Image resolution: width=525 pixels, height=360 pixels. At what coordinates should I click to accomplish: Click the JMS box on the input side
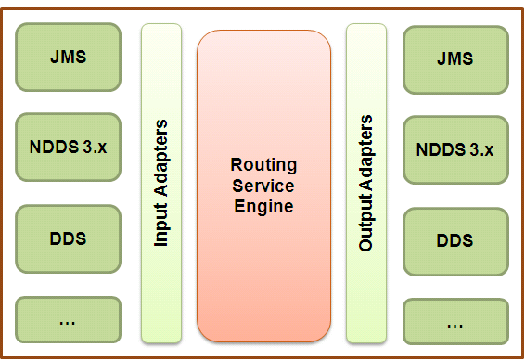tap(68, 57)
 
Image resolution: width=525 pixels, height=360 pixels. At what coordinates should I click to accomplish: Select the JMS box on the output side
tap(455, 58)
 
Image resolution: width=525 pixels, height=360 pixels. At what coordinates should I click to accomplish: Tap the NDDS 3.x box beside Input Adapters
tap(68, 147)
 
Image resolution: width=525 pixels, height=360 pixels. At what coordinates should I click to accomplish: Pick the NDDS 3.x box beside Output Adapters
tap(455, 149)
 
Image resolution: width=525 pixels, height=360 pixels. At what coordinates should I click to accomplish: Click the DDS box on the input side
tap(68, 238)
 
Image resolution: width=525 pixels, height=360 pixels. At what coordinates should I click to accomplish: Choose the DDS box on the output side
tap(455, 240)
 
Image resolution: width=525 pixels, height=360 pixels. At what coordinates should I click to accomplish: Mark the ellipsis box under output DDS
tap(455, 324)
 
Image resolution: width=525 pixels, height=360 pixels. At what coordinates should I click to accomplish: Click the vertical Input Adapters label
tap(161, 183)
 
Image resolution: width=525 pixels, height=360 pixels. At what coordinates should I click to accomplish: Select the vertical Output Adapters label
tap(366, 183)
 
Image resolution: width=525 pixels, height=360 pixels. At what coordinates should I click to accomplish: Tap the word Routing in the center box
tap(263, 165)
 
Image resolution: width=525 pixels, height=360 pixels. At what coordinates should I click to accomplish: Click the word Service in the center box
tap(263, 186)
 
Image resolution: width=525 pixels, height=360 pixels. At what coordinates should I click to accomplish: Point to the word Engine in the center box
tap(263, 206)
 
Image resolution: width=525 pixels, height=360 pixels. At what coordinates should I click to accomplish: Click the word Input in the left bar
tap(161, 228)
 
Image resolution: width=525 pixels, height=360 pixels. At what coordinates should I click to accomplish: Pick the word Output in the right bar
tap(366, 229)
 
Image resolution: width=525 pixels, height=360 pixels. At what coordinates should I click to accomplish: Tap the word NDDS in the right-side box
tap(438, 149)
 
